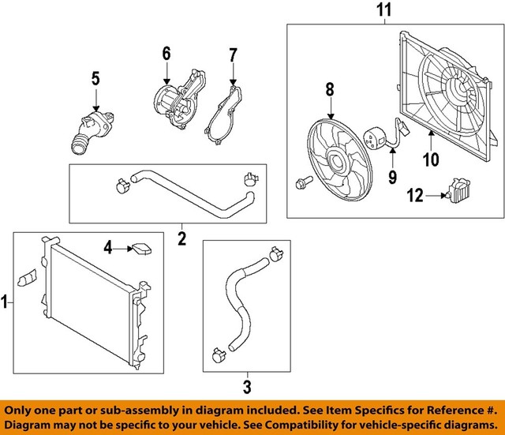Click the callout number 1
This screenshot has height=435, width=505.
[x=6, y=300]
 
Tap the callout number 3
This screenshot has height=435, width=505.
[x=247, y=388]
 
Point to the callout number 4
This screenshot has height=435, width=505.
[x=108, y=249]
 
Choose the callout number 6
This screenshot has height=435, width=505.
[x=166, y=54]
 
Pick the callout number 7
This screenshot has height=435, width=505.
[x=233, y=55]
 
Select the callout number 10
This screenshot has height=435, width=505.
[x=430, y=161]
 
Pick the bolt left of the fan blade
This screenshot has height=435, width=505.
[x=303, y=184]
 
